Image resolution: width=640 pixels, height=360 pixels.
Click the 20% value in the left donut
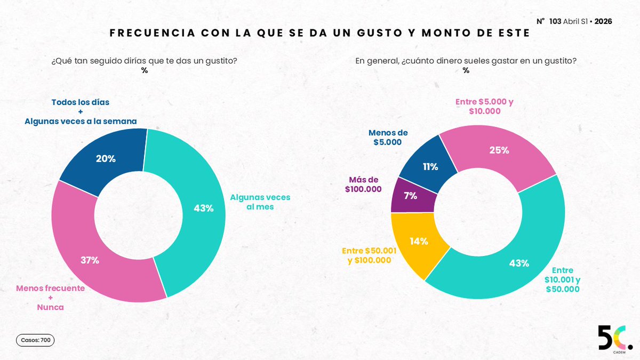coord(105,158)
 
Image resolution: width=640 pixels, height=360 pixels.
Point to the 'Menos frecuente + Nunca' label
coord(50,297)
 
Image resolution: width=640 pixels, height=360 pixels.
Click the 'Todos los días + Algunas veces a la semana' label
coord(81,111)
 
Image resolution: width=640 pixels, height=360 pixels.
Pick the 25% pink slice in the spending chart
coord(499,150)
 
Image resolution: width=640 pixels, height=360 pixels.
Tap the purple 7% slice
coord(410,195)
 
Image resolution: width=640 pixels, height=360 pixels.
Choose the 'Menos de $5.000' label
coord(385,138)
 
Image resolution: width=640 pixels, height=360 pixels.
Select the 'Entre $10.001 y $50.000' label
coord(562,279)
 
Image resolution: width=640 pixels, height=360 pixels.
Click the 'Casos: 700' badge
coord(35,340)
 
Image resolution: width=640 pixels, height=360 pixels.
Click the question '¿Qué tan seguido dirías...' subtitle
coord(144,61)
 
